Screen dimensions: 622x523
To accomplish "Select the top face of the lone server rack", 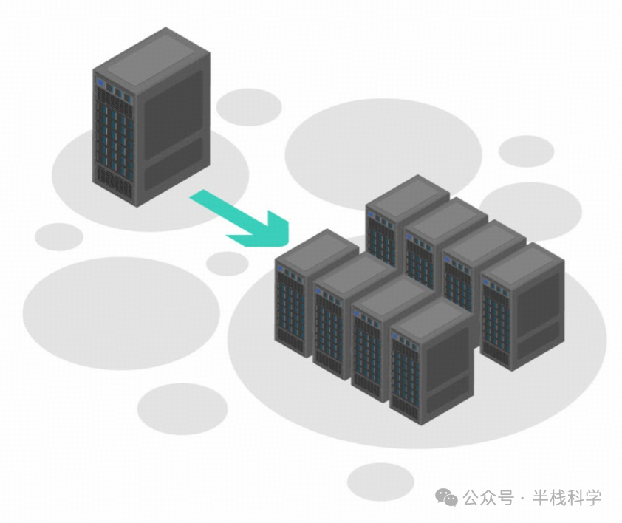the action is [152, 55].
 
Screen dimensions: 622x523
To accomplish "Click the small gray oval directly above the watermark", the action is [380, 480].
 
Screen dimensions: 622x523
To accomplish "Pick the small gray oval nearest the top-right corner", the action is [526, 150].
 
